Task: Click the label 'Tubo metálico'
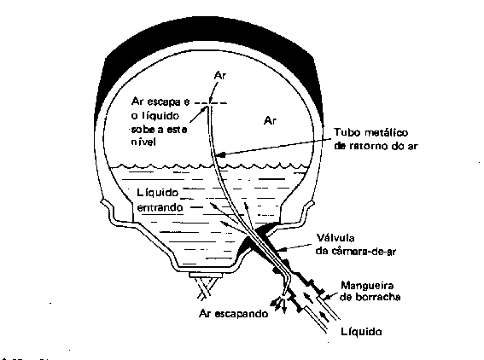(371, 132)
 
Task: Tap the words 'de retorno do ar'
(376, 146)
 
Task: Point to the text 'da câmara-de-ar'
(356, 252)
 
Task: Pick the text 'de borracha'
(370, 297)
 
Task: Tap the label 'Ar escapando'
(234, 314)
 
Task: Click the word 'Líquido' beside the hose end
(361, 332)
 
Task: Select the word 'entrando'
(160, 207)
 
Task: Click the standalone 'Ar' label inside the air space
(270, 120)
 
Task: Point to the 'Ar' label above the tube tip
(220, 76)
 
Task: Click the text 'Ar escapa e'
(160, 102)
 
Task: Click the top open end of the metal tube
(208, 107)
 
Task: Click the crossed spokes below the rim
(207, 288)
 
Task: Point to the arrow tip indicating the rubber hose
(324, 298)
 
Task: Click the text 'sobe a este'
(159, 130)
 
